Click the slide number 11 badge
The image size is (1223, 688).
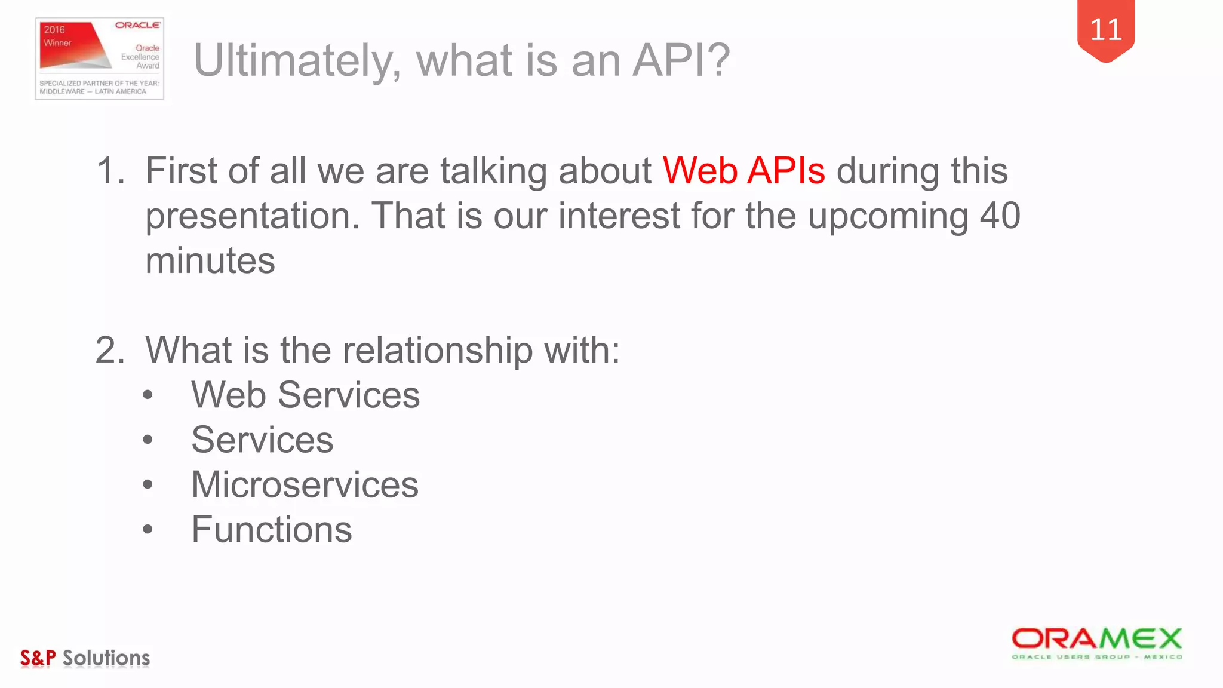pos(1105,30)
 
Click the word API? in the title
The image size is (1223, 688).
pos(681,60)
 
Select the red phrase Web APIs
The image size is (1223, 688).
pos(744,171)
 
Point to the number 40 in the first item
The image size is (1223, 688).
pos(1000,216)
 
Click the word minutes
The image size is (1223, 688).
pos(210,261)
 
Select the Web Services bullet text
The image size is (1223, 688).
pos(305,395)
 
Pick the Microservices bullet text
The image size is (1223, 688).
pos(305,484)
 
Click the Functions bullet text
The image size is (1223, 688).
pos(272,530)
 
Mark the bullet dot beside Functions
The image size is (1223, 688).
pos(148,529)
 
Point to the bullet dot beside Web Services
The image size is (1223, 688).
pos(148,395)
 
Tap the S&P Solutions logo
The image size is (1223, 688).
pos(85,658)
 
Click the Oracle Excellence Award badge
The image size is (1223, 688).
pos(100,59)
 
